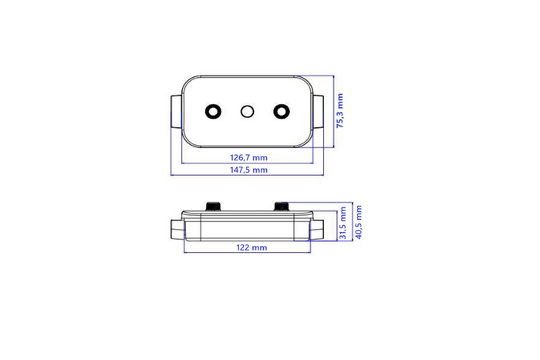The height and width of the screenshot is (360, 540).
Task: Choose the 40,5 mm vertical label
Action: pos(359,221)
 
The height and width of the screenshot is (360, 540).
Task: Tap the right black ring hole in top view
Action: pos(281,111)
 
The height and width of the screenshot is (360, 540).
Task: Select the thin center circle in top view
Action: pos(248,111)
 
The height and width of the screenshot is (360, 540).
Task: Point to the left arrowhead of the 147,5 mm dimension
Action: pos(172,175)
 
